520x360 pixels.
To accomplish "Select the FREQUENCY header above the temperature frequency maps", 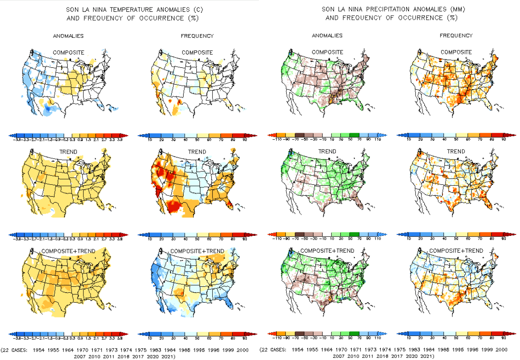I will pos(197,36).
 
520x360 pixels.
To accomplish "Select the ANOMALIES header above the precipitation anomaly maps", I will pos(327,36).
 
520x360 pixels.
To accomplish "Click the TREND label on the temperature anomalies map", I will pos(68,152).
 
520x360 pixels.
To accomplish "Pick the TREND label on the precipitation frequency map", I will pos(456,152).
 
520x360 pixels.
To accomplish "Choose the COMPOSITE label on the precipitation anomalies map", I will pos(327,52).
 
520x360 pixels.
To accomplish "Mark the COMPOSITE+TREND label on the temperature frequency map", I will pos(197,251).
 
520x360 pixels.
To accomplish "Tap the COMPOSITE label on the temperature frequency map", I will pos(197,52).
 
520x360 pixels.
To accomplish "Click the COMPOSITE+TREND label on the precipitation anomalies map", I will pos(327,251).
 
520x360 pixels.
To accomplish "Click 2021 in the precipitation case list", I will pos(425,356).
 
